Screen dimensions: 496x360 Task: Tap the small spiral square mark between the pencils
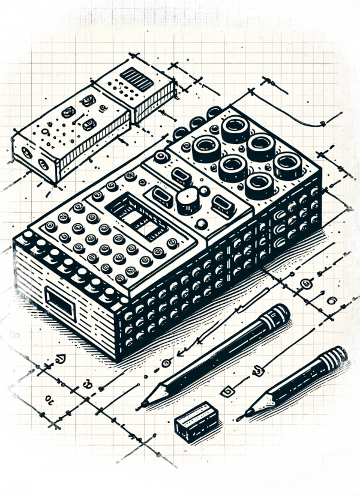click(x=227, y=392)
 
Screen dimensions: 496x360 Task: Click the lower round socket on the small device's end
click(x=43, y=163)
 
